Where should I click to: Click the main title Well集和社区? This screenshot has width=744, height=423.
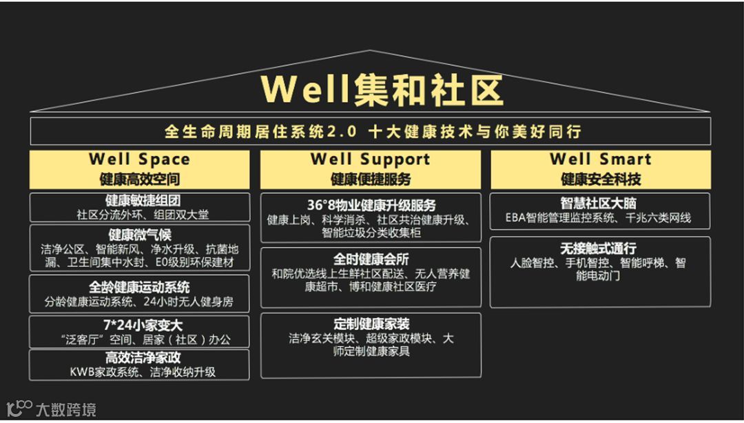382,90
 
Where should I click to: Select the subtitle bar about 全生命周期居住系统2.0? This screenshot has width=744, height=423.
371,131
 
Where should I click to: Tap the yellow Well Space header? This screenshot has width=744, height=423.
139,169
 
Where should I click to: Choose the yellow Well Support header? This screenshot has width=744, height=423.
371,169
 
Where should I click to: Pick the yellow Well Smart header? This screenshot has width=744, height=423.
601,169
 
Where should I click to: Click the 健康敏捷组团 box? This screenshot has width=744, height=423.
139,207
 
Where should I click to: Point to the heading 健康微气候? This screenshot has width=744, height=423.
139,235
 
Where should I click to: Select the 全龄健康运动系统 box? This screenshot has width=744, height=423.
139,286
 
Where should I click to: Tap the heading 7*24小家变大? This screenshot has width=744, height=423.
139,324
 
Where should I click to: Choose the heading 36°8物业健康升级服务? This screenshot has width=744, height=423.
371,206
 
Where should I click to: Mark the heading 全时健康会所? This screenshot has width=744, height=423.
371,259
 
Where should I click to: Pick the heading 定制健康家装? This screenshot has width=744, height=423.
371,324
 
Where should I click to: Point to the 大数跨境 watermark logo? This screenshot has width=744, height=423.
51,409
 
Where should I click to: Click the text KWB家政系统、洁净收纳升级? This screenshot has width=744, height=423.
143,372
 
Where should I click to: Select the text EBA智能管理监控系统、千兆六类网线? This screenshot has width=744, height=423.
598,218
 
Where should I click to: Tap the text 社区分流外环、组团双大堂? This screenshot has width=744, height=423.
143,215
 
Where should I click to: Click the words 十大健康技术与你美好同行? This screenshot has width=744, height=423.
475,131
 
